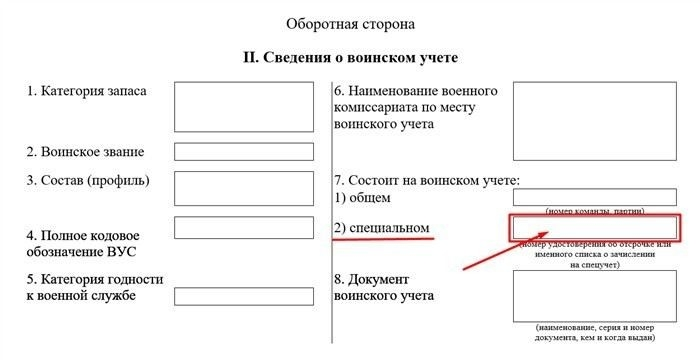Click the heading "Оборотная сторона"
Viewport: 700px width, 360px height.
click(349, 23)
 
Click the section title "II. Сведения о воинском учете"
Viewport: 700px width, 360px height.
click(349, 58)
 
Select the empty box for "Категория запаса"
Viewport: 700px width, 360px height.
click(244, 106)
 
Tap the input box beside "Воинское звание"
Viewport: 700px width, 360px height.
click(244, 152)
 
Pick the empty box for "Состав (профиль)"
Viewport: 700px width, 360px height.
click(244, 188)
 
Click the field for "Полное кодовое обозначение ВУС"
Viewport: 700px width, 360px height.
click(244, 228)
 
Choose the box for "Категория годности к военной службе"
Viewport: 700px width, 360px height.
click(244, 296)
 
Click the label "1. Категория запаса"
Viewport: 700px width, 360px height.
click(87, 91)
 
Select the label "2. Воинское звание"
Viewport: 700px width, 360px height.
click(85, 152)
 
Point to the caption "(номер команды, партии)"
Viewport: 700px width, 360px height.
click(596, 211)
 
